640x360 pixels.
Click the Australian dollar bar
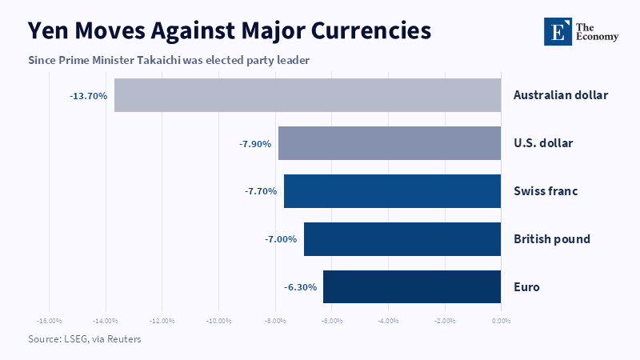pyautogui.click(x=307, y=95)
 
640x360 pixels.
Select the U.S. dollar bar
pyautogui.click(x=390, y=143)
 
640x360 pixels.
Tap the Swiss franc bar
pyautogui.click(x=392, y=191)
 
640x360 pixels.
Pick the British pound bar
pyautogui.click(x=402, y=239)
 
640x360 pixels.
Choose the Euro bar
pyautogui.click(x=412, y=287)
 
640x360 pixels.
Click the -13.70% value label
pyautogui.click(x=89, y=96)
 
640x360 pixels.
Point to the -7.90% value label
pyautogui.click(x=255, y=144)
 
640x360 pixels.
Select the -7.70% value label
pyautogui.click(x=261, y=191)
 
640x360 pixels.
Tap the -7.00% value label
pyautogui.click(x=281, y=239)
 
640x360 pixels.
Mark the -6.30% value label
pyautogui.click(x=301, y=287)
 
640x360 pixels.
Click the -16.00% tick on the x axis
pyautogui.click(x=50, y=321)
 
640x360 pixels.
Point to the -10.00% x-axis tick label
pyautogui.click(x=218, y=321)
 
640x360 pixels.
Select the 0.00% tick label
pyautogui.click(x=502, y=321)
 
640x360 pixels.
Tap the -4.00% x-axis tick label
pyautogui.click(x=388, y=321)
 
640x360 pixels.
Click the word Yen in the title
pyautogui.click(x=48, y=30)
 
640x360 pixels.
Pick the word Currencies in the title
pyautogui.click(x=371, y=30)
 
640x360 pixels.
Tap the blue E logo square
pyautogui.click(x=558, y=31)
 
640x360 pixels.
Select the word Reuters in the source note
pyautogui.click(x=124, y=339)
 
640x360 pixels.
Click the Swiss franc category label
pyautogui.click(x=546, y=191)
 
